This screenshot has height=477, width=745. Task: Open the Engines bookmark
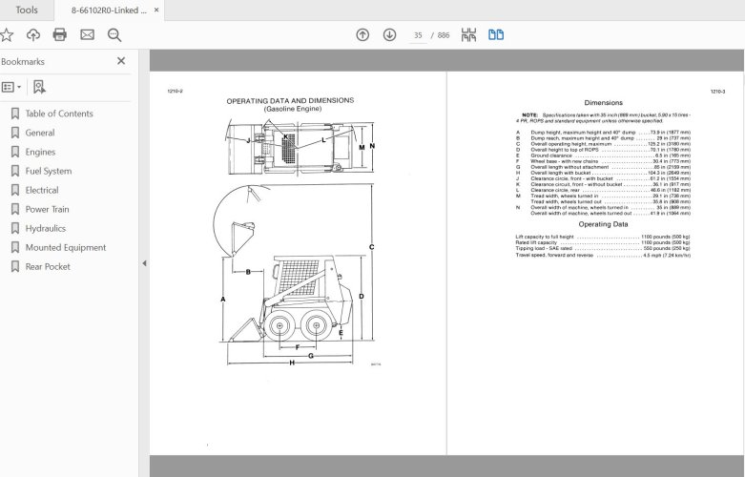point(40,152)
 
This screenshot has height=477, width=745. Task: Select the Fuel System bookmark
point(48,171)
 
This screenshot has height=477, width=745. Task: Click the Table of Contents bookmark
point(58,114)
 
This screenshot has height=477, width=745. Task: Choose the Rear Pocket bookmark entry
point(48,266)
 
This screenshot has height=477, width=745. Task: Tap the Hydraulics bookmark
point(45,228)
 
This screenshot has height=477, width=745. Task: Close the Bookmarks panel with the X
point(121,61)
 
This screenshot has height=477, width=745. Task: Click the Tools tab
point(27,10)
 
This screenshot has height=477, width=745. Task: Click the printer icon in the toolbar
point(60,35)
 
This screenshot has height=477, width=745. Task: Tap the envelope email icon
point(87,35)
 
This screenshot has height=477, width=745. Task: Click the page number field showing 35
point(418,35)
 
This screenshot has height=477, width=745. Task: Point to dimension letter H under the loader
point(291,363)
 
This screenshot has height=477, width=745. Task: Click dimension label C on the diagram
point(371,247)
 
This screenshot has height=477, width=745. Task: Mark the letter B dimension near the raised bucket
point(248,272)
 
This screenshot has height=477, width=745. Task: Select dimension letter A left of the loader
point(222,300)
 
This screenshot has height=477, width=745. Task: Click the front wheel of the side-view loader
point(280,326)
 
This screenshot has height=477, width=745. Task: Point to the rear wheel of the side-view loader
point(319,326)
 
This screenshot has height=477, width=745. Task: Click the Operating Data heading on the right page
point(603,224)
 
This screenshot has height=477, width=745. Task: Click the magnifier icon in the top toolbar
point(114,35)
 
